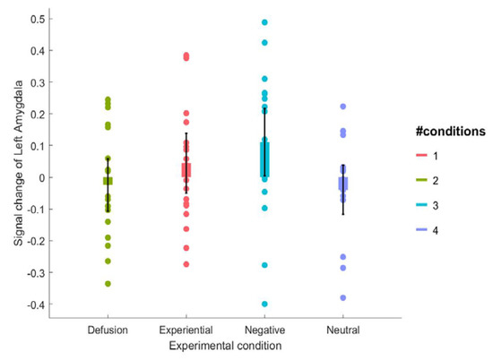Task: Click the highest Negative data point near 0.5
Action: coord(264,22)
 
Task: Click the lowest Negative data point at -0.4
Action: coord(264,304)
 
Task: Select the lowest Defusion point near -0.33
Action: coord(108,284)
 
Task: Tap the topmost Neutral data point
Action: coord(342,107)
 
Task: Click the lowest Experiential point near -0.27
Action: coord(186,264)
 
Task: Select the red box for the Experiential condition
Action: coord(186,169)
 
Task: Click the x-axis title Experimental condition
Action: coord(225,344)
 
